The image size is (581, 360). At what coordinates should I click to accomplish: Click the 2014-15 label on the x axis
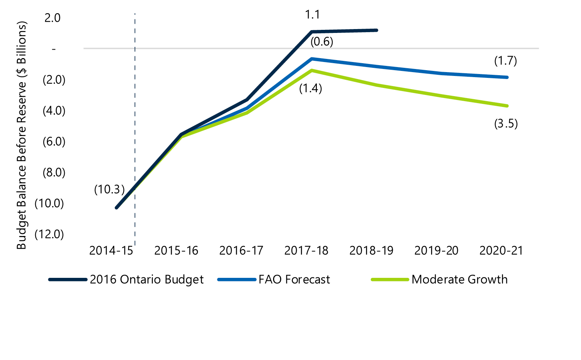click(x=111, y=251)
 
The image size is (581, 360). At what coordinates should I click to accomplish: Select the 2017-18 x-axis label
click(x=306, y=251)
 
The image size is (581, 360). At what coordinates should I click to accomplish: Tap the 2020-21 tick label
click(x=501, y=251)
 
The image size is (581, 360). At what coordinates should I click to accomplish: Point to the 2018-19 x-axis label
click(x=371, y=251)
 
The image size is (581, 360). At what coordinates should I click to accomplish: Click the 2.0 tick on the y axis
click(x=52, y=18)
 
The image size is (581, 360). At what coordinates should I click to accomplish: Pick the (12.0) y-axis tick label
click(x=49, y=234)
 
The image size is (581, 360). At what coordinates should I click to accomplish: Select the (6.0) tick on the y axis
click(x=54, y=141)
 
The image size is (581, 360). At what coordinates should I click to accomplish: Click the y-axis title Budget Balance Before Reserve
click(x=22, y=135)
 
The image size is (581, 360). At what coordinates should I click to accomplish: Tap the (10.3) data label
click(x=110, y=189)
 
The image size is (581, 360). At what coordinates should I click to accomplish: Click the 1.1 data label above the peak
click(x=313, y=15)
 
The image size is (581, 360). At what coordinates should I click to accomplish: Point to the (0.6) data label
click(x=321, y=41)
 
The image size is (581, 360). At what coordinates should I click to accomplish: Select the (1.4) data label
click(x=311, y=88)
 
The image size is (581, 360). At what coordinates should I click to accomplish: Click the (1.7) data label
click(x=505, y=61)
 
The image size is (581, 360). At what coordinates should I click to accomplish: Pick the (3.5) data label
click(x=506, y=124)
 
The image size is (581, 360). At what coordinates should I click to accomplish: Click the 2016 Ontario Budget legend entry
click(x=126, y=279)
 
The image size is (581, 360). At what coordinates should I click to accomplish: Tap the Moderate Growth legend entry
click(x=439, y=279)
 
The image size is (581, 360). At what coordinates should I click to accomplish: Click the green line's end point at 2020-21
click(x=507, y=106)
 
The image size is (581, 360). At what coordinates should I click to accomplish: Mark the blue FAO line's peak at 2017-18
click(x=312, y=59)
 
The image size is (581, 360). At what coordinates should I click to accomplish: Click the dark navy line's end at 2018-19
click(x=376, y=30)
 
